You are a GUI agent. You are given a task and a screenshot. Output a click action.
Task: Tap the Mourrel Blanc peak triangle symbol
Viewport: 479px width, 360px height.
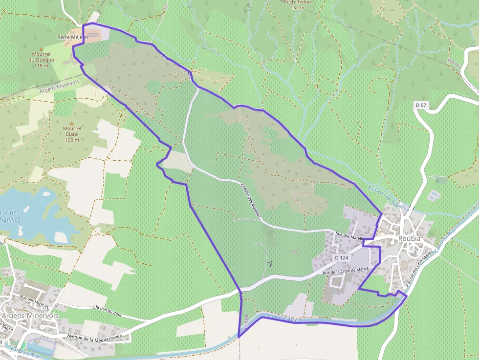[x=72, y=123]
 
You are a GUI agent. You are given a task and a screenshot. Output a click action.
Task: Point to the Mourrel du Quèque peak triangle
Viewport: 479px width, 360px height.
[x=42, y=48]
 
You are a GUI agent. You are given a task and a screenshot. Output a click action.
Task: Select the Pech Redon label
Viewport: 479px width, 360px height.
[x=298, y=2]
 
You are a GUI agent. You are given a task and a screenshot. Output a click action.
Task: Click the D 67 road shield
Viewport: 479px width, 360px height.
[x=421, y=105]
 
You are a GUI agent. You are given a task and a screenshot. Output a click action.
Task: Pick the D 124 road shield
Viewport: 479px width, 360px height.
[x=342, y=257]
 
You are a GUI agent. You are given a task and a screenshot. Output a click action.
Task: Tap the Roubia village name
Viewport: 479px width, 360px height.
[x=410, y=238]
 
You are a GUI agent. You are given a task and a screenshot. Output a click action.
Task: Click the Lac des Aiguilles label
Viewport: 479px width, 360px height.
[x=10, y=216]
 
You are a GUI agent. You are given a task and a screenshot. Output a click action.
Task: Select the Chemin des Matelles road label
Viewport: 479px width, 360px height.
[x=251, y=200]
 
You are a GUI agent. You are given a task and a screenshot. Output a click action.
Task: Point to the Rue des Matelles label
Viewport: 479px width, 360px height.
[x=350, y=236]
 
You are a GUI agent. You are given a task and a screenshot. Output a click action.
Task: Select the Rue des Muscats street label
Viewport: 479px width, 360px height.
[x=34, y=301]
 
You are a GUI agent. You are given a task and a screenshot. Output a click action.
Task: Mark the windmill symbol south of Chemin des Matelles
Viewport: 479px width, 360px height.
[x=269, y=264]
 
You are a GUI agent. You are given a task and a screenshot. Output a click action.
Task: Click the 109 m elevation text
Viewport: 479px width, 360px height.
[x=72, y=140]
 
